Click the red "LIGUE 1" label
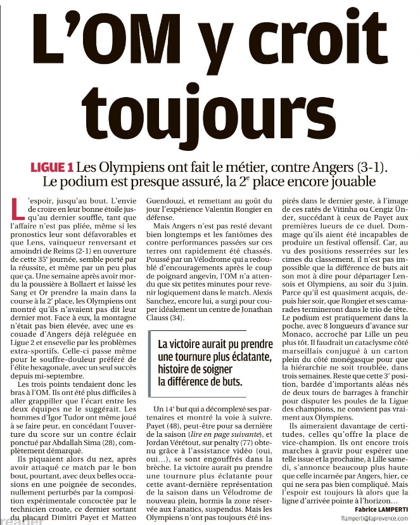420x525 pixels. pyautogui.click(x=52, y=168)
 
